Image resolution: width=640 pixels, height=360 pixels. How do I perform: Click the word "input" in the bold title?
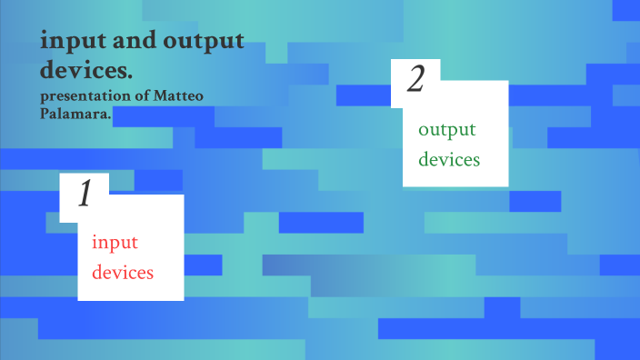point(66,42)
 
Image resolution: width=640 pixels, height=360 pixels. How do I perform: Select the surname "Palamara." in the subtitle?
point(75,113)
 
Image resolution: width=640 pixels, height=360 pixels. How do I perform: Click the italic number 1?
point(85,195)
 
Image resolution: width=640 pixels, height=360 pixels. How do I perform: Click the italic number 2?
point(415,81)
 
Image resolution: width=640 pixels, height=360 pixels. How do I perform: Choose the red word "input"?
point(115,243)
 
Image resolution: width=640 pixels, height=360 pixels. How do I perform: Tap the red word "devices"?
point(123,271)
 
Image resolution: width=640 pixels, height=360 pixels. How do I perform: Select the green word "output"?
point(447,130)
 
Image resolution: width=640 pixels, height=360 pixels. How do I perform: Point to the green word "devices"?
point(449,159)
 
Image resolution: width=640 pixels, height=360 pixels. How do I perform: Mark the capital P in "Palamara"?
point(45,113)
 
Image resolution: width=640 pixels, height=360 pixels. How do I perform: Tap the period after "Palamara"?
point(109,116)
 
